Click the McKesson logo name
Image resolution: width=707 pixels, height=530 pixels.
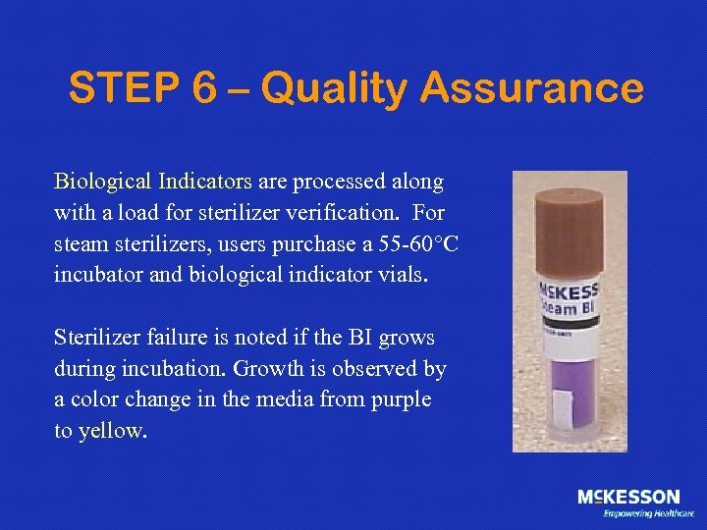coord(628,498)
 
